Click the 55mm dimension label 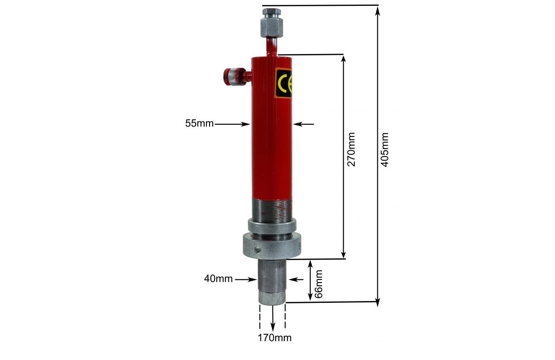tap(199, 123)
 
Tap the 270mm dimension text tap(351, 149)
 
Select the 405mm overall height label tap(384, 150)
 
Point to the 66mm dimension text tap(318, 284)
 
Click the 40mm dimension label tap(218, 279)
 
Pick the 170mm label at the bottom tap(274, 338)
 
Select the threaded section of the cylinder tap(272, 210)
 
